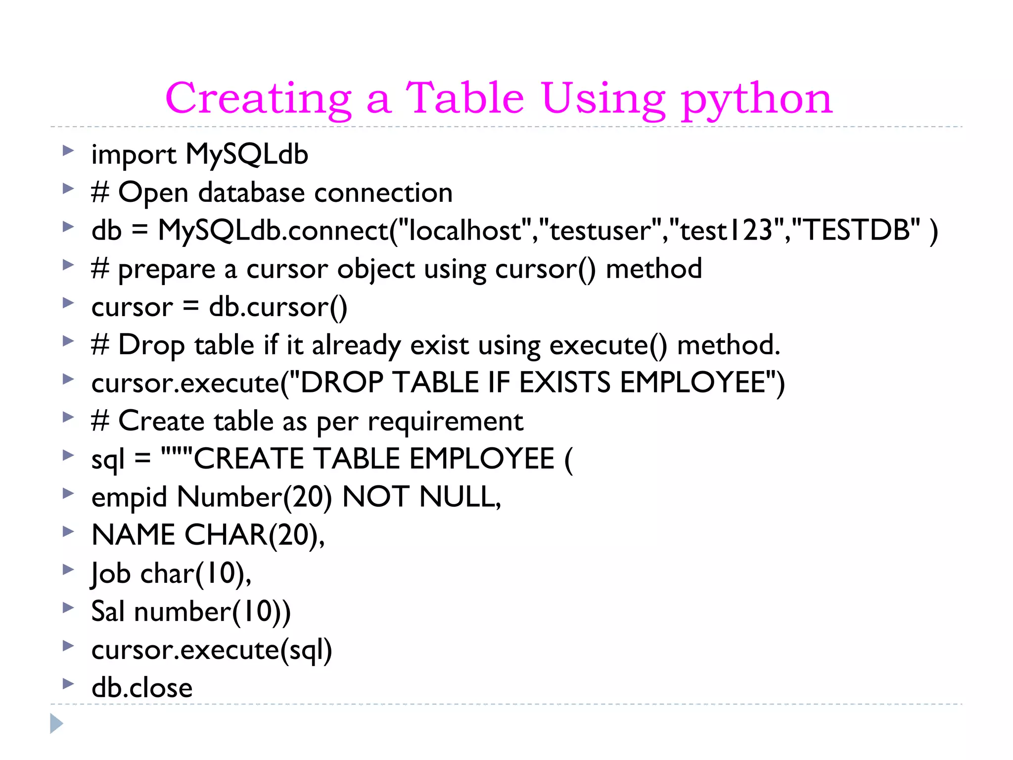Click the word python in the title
point(757,99)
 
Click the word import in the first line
point(134,154)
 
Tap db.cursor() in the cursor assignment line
point(278,307)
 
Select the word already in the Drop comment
point(356,345)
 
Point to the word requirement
point(445,422)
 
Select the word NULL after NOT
point(460,497)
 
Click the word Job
point(111,573)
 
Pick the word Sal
point(108,612)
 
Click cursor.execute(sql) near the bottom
point(212,650)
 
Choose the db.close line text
point(142,688)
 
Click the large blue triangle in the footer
point(56,723)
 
